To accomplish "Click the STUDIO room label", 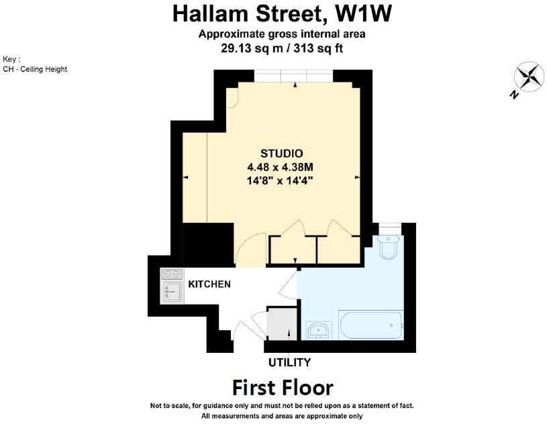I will [x=281, y=153].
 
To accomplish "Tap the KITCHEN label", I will [x=209, y=284].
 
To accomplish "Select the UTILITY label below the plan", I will [x=289, y=363].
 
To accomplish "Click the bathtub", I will [x=371, y=326].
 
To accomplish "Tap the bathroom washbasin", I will [x=318, y=330].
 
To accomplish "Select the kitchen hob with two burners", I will [x=171, y=274].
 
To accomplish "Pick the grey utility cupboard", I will [x=280, y=324].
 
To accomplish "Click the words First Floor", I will [x=283, y=388].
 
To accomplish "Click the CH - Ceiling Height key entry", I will [x=35, y=69].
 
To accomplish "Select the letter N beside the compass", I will [x=514, y=95].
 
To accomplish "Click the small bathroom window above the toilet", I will [x=389, y=229].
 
